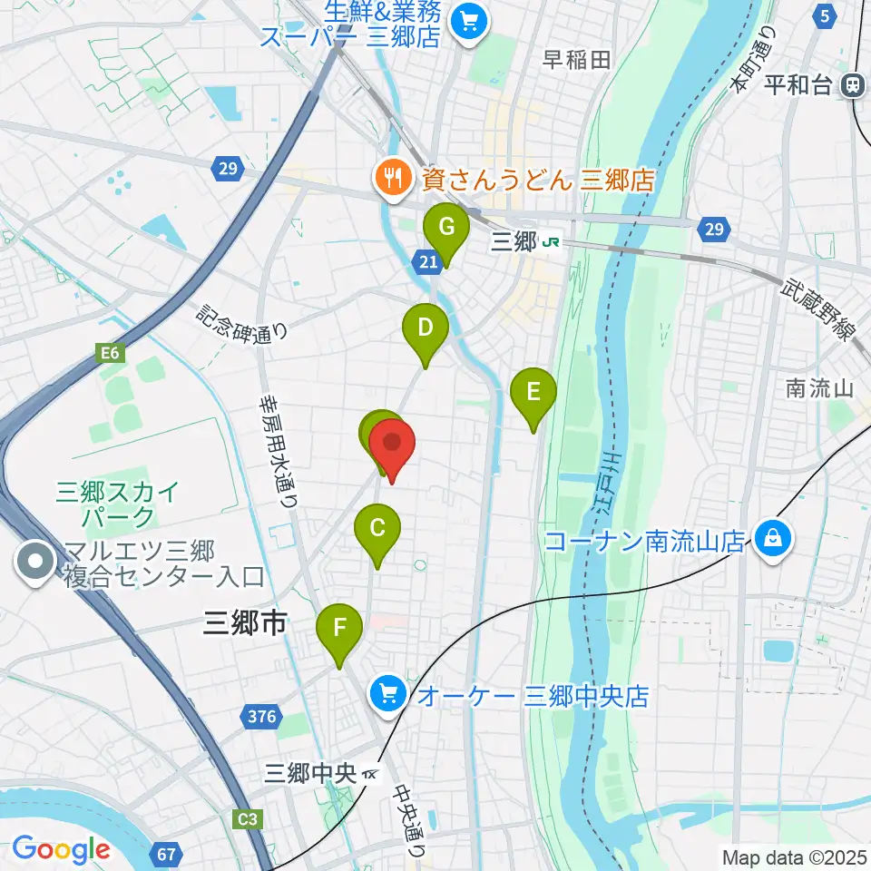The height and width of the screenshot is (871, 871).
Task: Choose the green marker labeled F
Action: tap(339, 627)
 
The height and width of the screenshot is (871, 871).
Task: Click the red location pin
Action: tap(393, 445)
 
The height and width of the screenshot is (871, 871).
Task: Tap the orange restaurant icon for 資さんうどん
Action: tap(392, 179)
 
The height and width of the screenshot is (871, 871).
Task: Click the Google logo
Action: tap(61, 849)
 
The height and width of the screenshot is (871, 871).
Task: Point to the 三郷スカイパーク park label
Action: tap(118, 504)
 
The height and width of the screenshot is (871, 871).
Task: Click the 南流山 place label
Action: tap(820, 389)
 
